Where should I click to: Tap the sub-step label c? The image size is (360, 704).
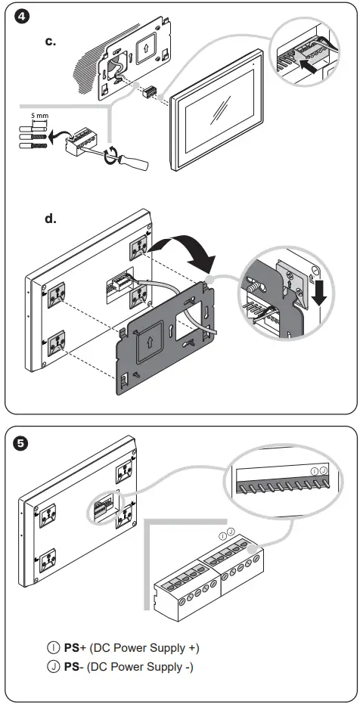pos(51,41)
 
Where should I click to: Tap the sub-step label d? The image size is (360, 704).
pos(51,219)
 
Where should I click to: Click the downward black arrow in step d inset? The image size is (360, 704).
pos(319,290)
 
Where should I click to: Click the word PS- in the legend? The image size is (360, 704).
pos(73,666)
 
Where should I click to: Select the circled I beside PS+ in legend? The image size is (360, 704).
pos(52,648)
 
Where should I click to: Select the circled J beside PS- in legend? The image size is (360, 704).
pos(52,666)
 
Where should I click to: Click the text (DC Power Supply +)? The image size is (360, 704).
pos(144,648)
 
